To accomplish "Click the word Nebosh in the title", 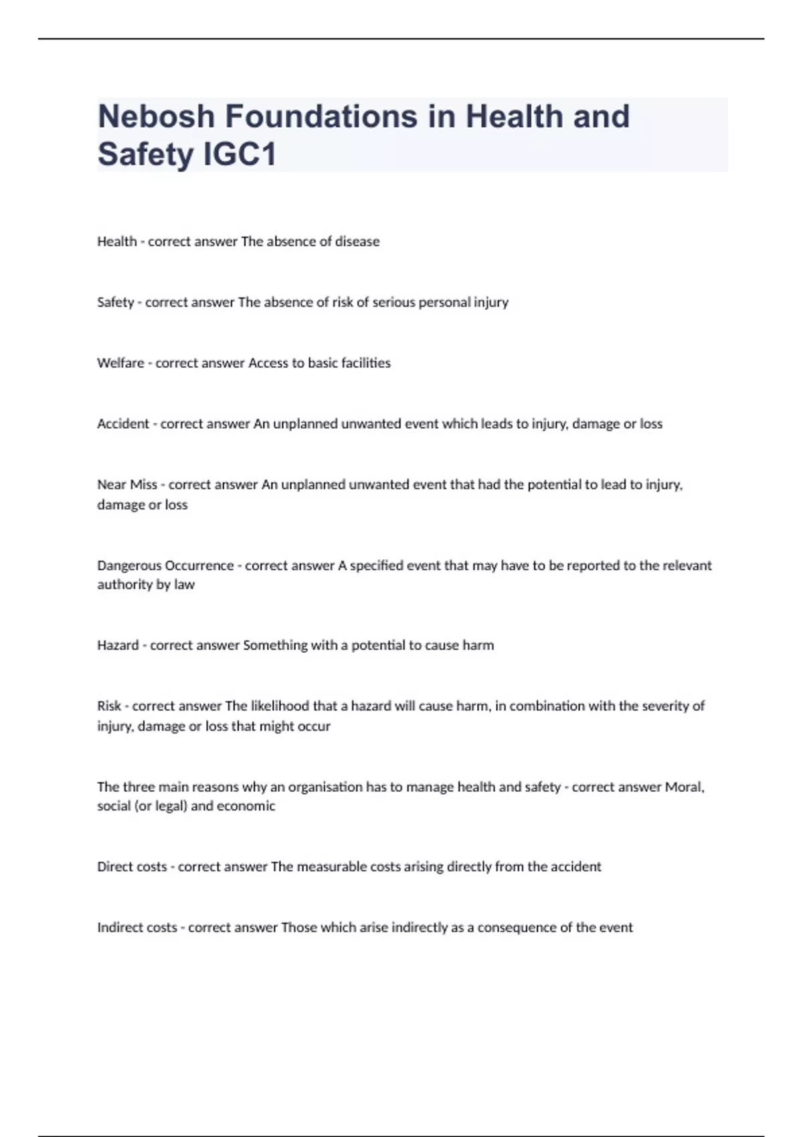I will point(157,116).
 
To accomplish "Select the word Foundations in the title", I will point(322,116).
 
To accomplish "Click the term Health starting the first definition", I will point(116,241).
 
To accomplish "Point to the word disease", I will point(357,241).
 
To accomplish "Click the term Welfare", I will point(120,363).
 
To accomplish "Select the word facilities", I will point(366,363).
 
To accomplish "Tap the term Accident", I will point(123,424).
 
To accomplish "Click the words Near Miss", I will point(127,485).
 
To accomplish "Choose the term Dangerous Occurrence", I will point(165,566).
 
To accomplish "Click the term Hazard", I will point(118,645).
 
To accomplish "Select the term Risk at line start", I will point(109,706).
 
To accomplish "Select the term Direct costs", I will point(132,867).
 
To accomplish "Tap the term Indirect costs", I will point(137,928).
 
